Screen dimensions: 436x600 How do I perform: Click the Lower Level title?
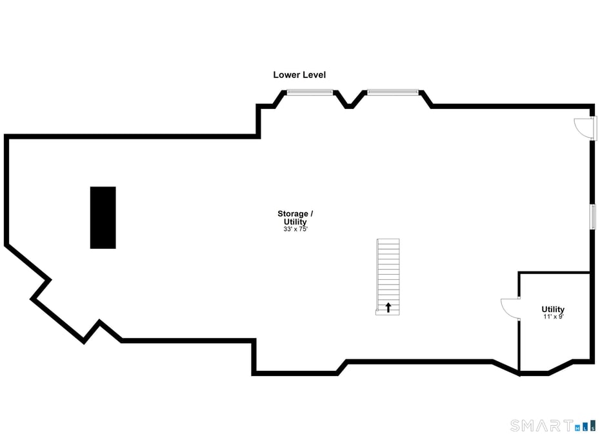[x=299, y=75]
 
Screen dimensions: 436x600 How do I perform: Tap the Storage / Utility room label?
[x=295, y=218]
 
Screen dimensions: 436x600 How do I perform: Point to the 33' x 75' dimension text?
[x=295, y=229]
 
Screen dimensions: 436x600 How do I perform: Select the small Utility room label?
[x=553, y=310]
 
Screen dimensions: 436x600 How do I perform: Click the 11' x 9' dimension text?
[x=553, y=317]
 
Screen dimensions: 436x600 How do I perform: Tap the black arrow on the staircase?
[x=388, y=308]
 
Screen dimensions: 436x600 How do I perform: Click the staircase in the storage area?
[x=388, y=276]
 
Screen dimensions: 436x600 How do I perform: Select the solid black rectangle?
[x=103, y=217]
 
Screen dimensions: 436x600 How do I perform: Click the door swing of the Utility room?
[x=510, y=308]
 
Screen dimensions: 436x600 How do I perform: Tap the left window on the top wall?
[x=310, y=92]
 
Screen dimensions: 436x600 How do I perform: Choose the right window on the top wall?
[x=392, y=92]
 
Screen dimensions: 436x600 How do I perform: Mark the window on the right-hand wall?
[x=592, y=217]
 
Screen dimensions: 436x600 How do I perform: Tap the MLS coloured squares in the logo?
[x=585, y=425]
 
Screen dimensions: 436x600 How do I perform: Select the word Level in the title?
[x=314, y=75]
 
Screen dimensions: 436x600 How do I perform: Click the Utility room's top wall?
[x=554, y=273]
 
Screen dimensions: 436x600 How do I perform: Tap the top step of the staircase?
[x=388, y=241]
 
